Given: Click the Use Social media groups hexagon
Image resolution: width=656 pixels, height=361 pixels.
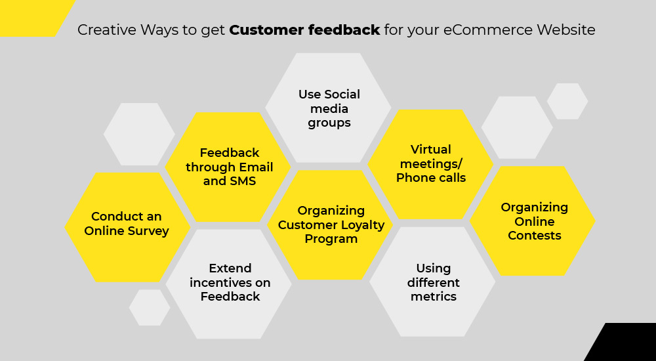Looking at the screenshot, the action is pyautogui.click(x=329, y=108).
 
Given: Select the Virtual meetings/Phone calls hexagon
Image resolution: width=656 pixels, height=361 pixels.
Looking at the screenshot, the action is pyautogui.click(x=430, y=164).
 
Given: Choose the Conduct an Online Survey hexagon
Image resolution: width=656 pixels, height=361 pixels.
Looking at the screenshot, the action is pyautogui.click(x=127, y=227).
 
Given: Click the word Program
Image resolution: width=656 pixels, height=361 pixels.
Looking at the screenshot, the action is pyautogui.click(x=331, y=239).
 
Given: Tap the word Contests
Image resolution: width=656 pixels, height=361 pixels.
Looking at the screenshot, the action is pyautogui.click(x=534, y=236).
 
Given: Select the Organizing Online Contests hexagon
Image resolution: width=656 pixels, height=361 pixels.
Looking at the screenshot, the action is pyautogui.click(x=532, y=221).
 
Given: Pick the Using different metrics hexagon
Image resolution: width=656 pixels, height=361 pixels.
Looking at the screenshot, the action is pyautogui.click(x=432, y=282).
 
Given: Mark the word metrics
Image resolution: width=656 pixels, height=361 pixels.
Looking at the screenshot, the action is pyautogui.click(x=434, y=297).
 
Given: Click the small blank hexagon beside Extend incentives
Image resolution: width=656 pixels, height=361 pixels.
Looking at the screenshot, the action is pyautogui.click(x=150, y=307).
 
